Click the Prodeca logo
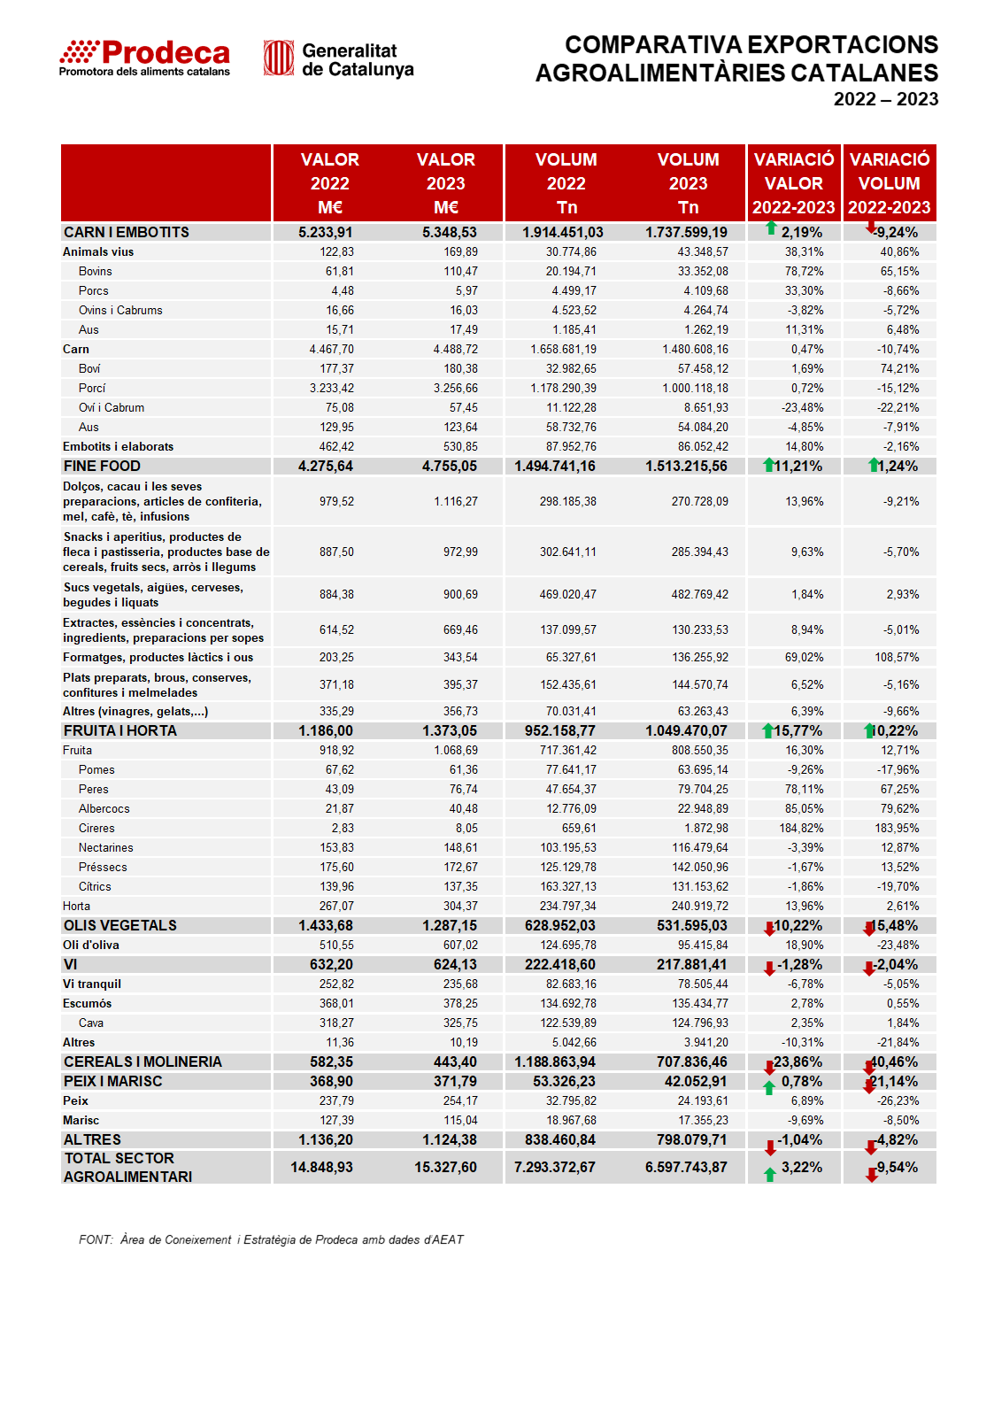coord(145,58)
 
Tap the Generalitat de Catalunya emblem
coord(279,58)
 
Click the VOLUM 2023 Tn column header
coord(688,183)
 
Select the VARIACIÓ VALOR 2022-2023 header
coord(793,183)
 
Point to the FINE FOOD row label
coord(102,466)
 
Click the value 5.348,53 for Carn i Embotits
coord(449,232)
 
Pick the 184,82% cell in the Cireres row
coord(801,828)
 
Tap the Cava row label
coord(91,1023)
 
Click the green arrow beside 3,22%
coord(770,1174)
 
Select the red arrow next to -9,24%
coord(871,227)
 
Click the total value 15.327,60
coord(445,1167)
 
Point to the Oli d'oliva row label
coord(91,946)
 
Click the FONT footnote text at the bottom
coord(271,1240)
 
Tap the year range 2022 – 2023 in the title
coord(885,99)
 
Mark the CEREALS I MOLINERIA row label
coord(143,1061)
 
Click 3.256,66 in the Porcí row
coord(455,389)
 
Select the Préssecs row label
coord(103,867)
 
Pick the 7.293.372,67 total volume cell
coord(554,1167)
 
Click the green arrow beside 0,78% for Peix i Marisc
coord(769,1088)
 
